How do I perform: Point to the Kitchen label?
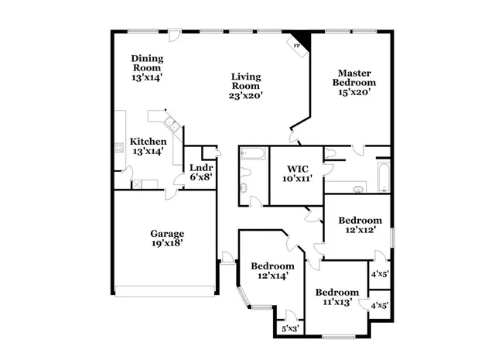coord(147,142)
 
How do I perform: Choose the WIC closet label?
coord(297,168)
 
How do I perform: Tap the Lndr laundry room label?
coord(201,167)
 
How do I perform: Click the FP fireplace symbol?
coord(297,46)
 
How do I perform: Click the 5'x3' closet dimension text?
coord(290,329)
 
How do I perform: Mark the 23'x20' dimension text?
coord(247,96)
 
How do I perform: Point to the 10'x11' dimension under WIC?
coord(297,178)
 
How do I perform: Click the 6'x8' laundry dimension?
coord(201,177)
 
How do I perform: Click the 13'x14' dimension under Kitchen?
coord(147,152)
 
